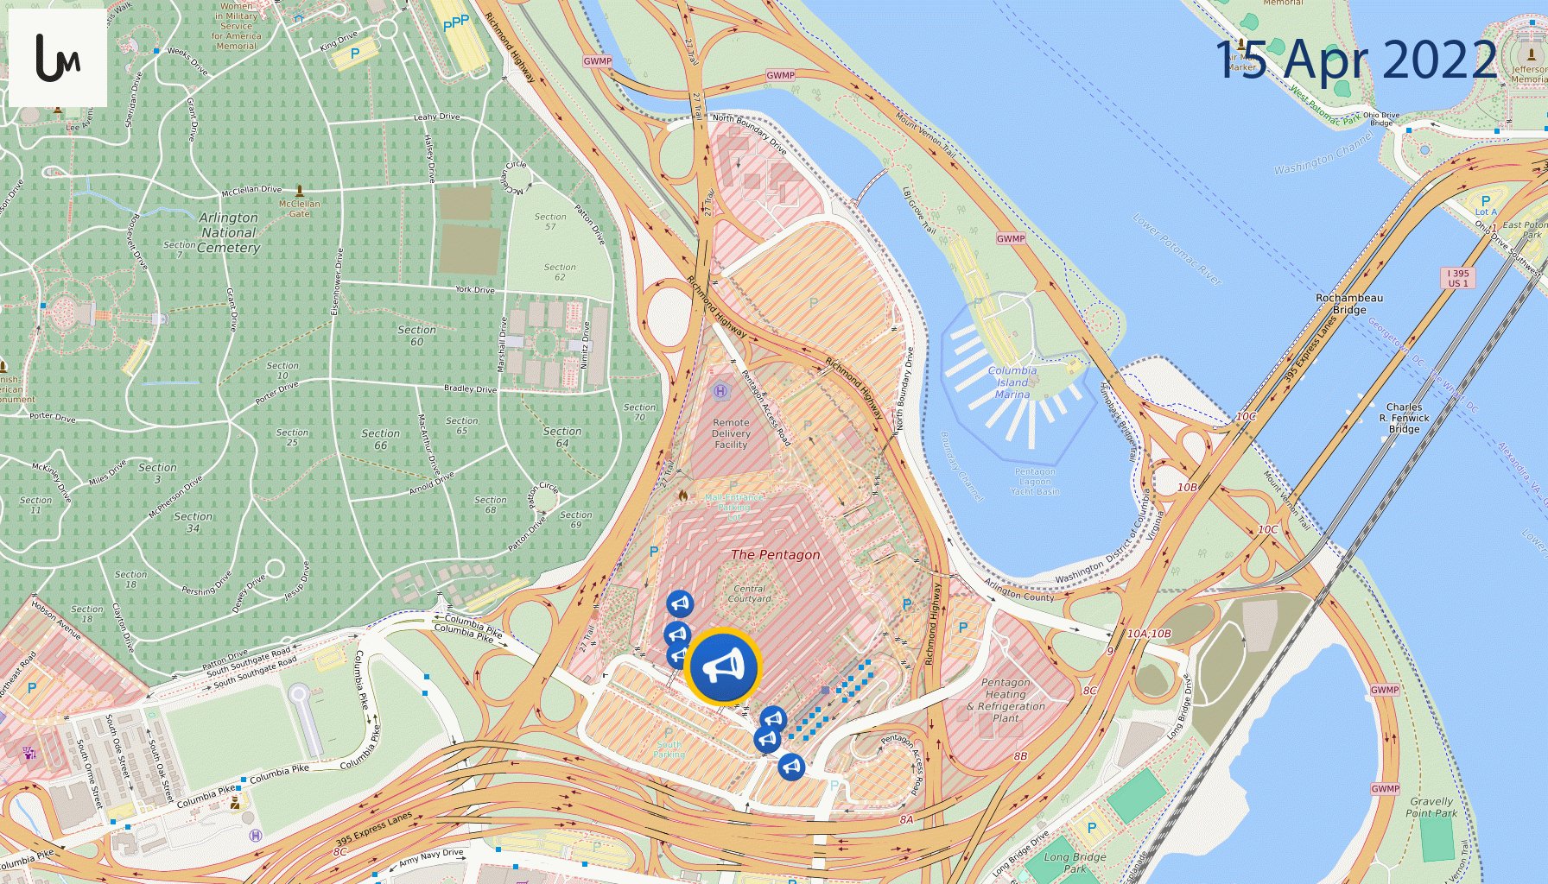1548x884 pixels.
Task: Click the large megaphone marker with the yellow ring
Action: [x=723, y=666]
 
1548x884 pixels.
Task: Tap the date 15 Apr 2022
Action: [x=1355, y=60]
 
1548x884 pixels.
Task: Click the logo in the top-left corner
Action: [x=57, y=58]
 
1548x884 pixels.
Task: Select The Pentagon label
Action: [x=775, y=554]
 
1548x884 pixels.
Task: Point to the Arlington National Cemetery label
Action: [x=228, y=232]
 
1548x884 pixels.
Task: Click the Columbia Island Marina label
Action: [x=1012, y=382]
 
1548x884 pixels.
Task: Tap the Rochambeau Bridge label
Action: [x=1348, y=303]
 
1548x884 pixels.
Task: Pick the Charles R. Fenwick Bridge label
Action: [x=1404, y=418]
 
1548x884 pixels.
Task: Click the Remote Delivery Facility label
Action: [x=731, y=433]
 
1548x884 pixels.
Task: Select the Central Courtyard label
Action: [x=749, y=593]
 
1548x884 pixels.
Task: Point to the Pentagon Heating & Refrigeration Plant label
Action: [x=1006, y=700]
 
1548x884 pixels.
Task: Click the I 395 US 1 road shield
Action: [x=1458, y=278]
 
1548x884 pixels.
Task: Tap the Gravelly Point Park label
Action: [x=1431, y=807]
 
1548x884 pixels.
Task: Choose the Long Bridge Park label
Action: [x=1075, y=862]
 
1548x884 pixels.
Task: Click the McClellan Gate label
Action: [x=299, y=208]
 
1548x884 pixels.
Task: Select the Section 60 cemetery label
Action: [x=416, y=336]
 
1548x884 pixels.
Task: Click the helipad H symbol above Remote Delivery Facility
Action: [x=720, y=391]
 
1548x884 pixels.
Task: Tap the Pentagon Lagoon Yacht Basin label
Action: [x=1035, y=482]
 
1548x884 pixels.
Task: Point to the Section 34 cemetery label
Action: [x=193, y=522]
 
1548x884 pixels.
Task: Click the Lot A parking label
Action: [x=1485, y=206]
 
